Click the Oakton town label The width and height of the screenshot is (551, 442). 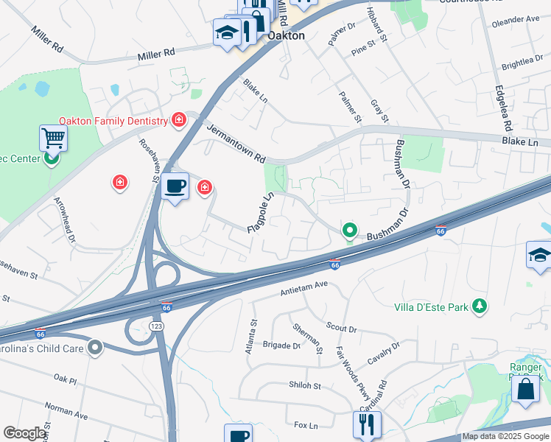pos(286,35)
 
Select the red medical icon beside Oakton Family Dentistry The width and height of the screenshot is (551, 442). pos(178,119)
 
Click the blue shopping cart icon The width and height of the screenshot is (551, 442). pos(53,137)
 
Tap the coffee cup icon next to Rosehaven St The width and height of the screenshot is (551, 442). pos(175,186)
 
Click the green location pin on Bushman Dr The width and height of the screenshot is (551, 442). pos(350,231)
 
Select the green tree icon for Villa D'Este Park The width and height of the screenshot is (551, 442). pos(480,304)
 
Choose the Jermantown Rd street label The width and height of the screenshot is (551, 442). pos(236,143)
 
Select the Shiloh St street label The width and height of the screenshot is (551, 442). pos(305,385)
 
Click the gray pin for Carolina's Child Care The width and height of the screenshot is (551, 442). pos(94,347)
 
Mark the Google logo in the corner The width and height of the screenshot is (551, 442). pos(24,433)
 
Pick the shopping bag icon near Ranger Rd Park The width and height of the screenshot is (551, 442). pos(527,389)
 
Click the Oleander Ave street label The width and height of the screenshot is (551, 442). pos(516,20)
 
